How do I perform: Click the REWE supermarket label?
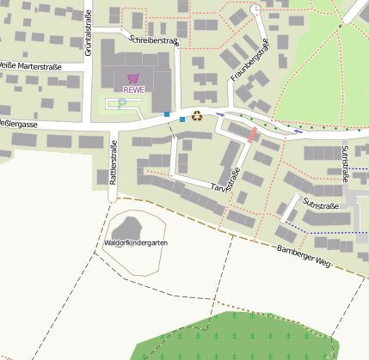[133, 89]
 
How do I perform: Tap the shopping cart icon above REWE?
[132, 78]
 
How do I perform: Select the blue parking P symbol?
[122, 102]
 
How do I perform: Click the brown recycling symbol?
[197, 115]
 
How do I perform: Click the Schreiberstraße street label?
[153, 40]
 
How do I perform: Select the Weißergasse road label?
[17, 125]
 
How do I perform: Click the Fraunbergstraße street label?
[250, 61]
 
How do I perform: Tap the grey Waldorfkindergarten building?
[130, 227]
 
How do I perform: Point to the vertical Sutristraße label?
[345, 163]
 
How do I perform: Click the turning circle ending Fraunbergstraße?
[255, 9]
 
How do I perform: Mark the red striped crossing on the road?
[252, 135]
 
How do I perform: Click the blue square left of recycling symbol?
[181, 119]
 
